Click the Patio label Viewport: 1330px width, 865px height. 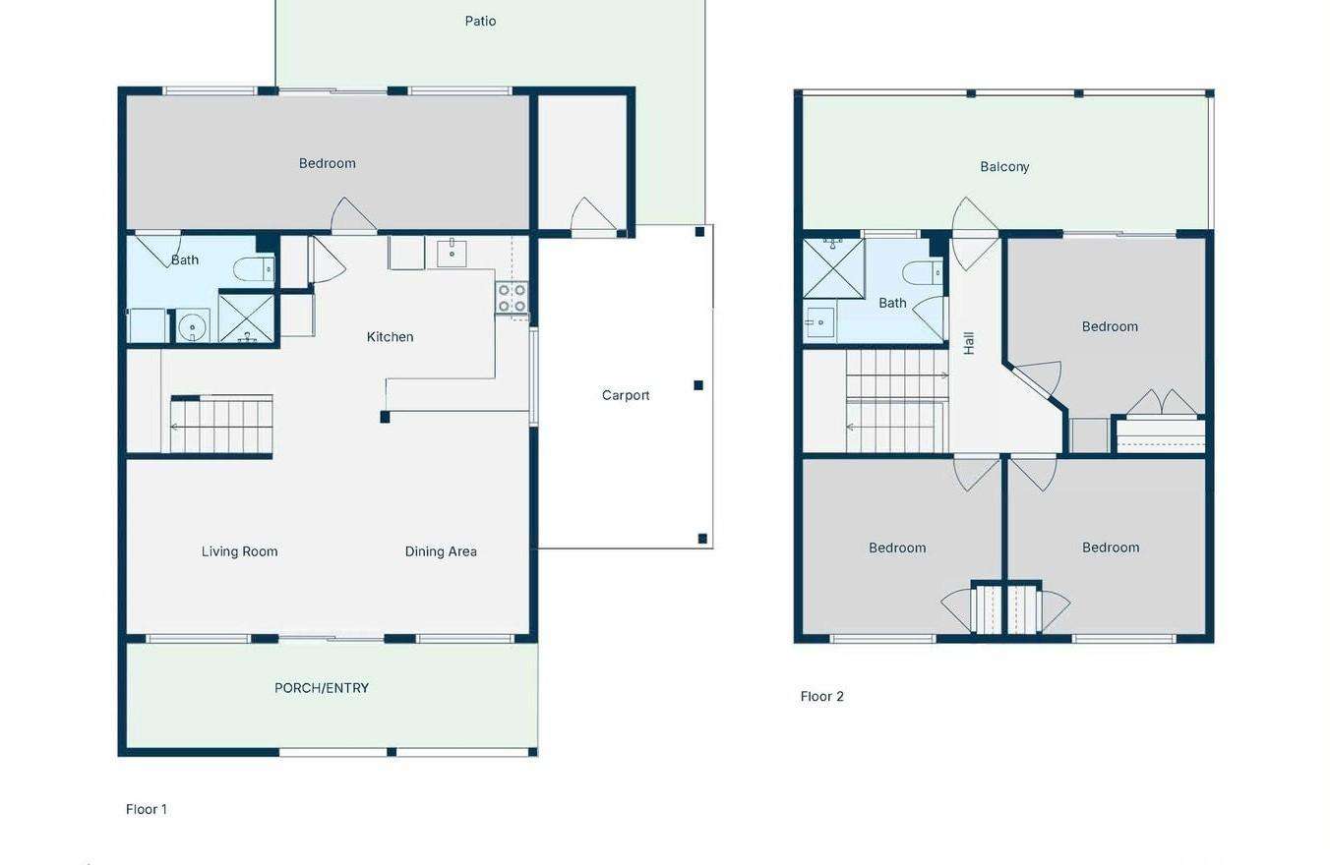pyautogui.click(x=480, y=22)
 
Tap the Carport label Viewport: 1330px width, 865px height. pyautogui.click(x=626, y=395)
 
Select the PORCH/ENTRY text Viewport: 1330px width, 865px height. pyautogui.click(x=322, y=688)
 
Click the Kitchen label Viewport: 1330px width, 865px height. pyautogui.click(x=391, y=337)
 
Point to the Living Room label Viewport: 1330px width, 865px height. pyautogui.click(x=239, y=551)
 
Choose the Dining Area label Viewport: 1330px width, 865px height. pyautogui.click(x=441, y=551)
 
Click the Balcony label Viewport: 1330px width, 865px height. pyautogui.click(x=1004, y=167)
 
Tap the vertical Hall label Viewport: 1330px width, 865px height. pyautogui.click(x=969, y=343)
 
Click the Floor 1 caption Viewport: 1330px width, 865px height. pyautogui.click(x=146, y=809)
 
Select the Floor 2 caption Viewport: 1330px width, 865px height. pyautogui.click(x=821, y=697)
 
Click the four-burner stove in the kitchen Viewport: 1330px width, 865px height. pyautogui.click(x=512, y=298)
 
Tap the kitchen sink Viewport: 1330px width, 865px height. pyautogui.click(x=452, y=254)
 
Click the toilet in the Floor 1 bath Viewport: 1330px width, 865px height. pyautogui.click(x=254, y=270)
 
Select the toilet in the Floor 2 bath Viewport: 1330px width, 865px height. pyautogui.click(x=922, y=273)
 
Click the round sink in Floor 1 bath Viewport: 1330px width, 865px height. pyautogui.click(x=192, y=326)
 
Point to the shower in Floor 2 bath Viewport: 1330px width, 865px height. pyautogui.click(x=833, y=268)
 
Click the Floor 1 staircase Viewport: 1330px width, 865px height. pyautogui.click(x=221, y=425)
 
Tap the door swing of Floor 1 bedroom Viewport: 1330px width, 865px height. pyautogui.click(x=353, y=214)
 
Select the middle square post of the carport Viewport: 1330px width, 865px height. pyautogui.click(x=698, y=385)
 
